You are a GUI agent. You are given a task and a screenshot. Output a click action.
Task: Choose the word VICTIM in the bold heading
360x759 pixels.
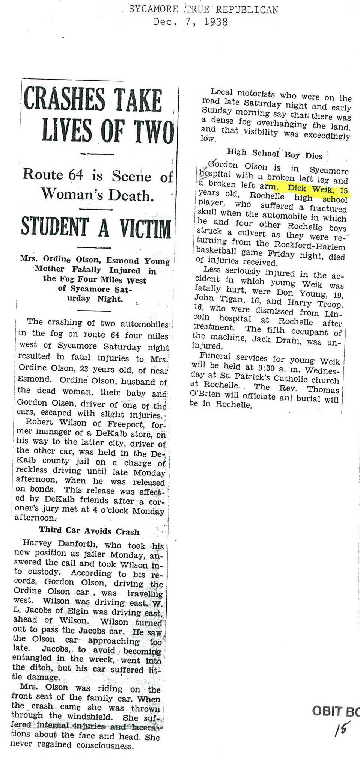tap(145, 229)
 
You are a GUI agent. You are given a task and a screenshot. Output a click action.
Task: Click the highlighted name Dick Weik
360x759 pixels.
tap(307, 189)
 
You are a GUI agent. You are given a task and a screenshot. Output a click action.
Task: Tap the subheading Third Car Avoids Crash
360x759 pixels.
tap(89, 531)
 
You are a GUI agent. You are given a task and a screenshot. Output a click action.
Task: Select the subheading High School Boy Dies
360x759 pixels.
tap(274, 154)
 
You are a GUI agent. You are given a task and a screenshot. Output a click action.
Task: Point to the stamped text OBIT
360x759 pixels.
tap(327, 711)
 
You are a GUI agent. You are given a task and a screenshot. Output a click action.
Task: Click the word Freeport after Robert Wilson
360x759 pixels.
tap(127, 425)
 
